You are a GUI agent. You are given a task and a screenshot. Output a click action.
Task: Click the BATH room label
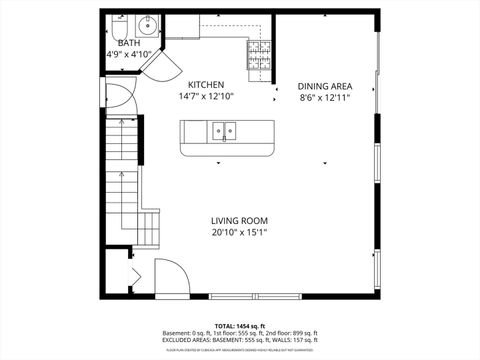coord(129,44)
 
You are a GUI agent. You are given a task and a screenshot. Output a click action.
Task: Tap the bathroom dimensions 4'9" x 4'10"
coord(129,56)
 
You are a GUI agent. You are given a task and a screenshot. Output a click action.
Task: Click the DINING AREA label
coord(325,86)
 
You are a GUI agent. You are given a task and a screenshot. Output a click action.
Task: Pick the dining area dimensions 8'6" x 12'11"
coord(325,98)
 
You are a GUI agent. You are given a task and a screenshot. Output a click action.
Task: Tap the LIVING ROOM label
coord(239,221)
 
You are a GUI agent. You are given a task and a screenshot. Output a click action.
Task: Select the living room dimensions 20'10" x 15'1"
coord(239,233)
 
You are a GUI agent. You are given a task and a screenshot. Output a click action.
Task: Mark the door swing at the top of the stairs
coord(118,99)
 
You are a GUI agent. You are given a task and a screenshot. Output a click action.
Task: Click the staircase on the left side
coord(123,170)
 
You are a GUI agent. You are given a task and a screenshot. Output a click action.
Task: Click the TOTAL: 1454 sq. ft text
coord(240,325)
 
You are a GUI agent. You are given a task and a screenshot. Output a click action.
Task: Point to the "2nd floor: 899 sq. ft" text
coord(291,333)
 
